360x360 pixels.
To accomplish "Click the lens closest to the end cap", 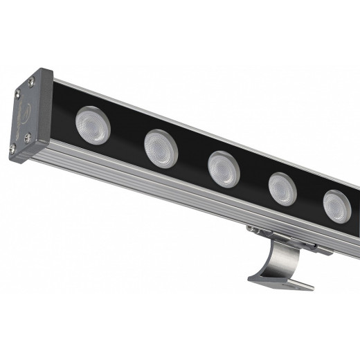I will [93, 125].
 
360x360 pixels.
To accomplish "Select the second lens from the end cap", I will [161, 148].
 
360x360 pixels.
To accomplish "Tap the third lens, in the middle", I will [224, 168].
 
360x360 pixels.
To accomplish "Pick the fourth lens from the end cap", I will [282, 188].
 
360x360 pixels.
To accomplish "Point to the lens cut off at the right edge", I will [337, 206].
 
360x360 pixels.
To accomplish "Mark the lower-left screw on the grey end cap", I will [12, 147].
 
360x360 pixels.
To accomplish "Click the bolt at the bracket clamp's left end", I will [253, 228].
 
